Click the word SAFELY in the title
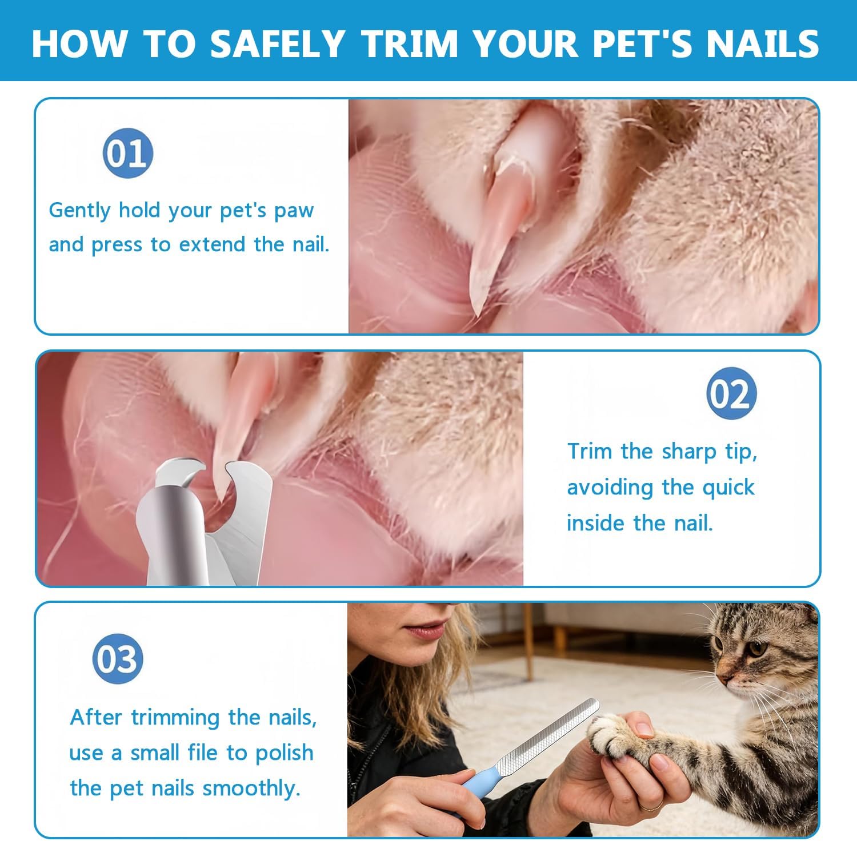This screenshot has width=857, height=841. coord(277,43)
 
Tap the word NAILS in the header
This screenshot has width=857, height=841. coord(762,43)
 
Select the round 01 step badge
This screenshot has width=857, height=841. coord(128,153)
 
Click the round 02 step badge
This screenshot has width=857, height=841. coord(731,394)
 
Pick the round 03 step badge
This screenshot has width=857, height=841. coord(117,659)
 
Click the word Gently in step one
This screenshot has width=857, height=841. coord(79,210)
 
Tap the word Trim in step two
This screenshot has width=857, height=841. coord(590,451)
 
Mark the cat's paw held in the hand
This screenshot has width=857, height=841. coord(611,737)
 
